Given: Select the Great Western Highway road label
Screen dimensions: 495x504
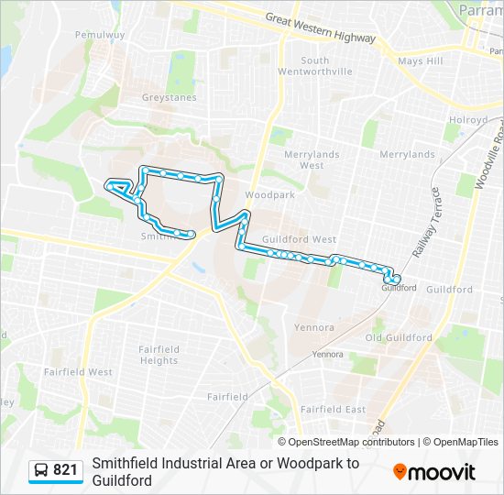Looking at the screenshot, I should (x=320, y=28).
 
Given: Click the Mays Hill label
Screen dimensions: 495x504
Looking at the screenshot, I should (x=421, y=62).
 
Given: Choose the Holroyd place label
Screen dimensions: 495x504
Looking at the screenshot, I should (x=467, y=119).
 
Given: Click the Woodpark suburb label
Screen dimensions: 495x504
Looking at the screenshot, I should (x=269, y=195).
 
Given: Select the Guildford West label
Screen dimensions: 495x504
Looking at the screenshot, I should (x=299, y=239).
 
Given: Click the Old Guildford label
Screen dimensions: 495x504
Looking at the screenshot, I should (x=399, y=337).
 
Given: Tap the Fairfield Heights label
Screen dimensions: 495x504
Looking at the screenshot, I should (x=159, y=355).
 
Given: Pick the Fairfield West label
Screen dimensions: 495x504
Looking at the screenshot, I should (x=77, y=372).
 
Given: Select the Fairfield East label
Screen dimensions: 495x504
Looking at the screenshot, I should (x=333, y=409).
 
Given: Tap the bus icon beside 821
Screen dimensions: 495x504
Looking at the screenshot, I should (x=41, y=470).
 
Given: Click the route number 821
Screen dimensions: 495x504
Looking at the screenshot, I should (x=65, y=470).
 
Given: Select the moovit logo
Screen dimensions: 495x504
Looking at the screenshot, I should (x=434, y=472).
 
